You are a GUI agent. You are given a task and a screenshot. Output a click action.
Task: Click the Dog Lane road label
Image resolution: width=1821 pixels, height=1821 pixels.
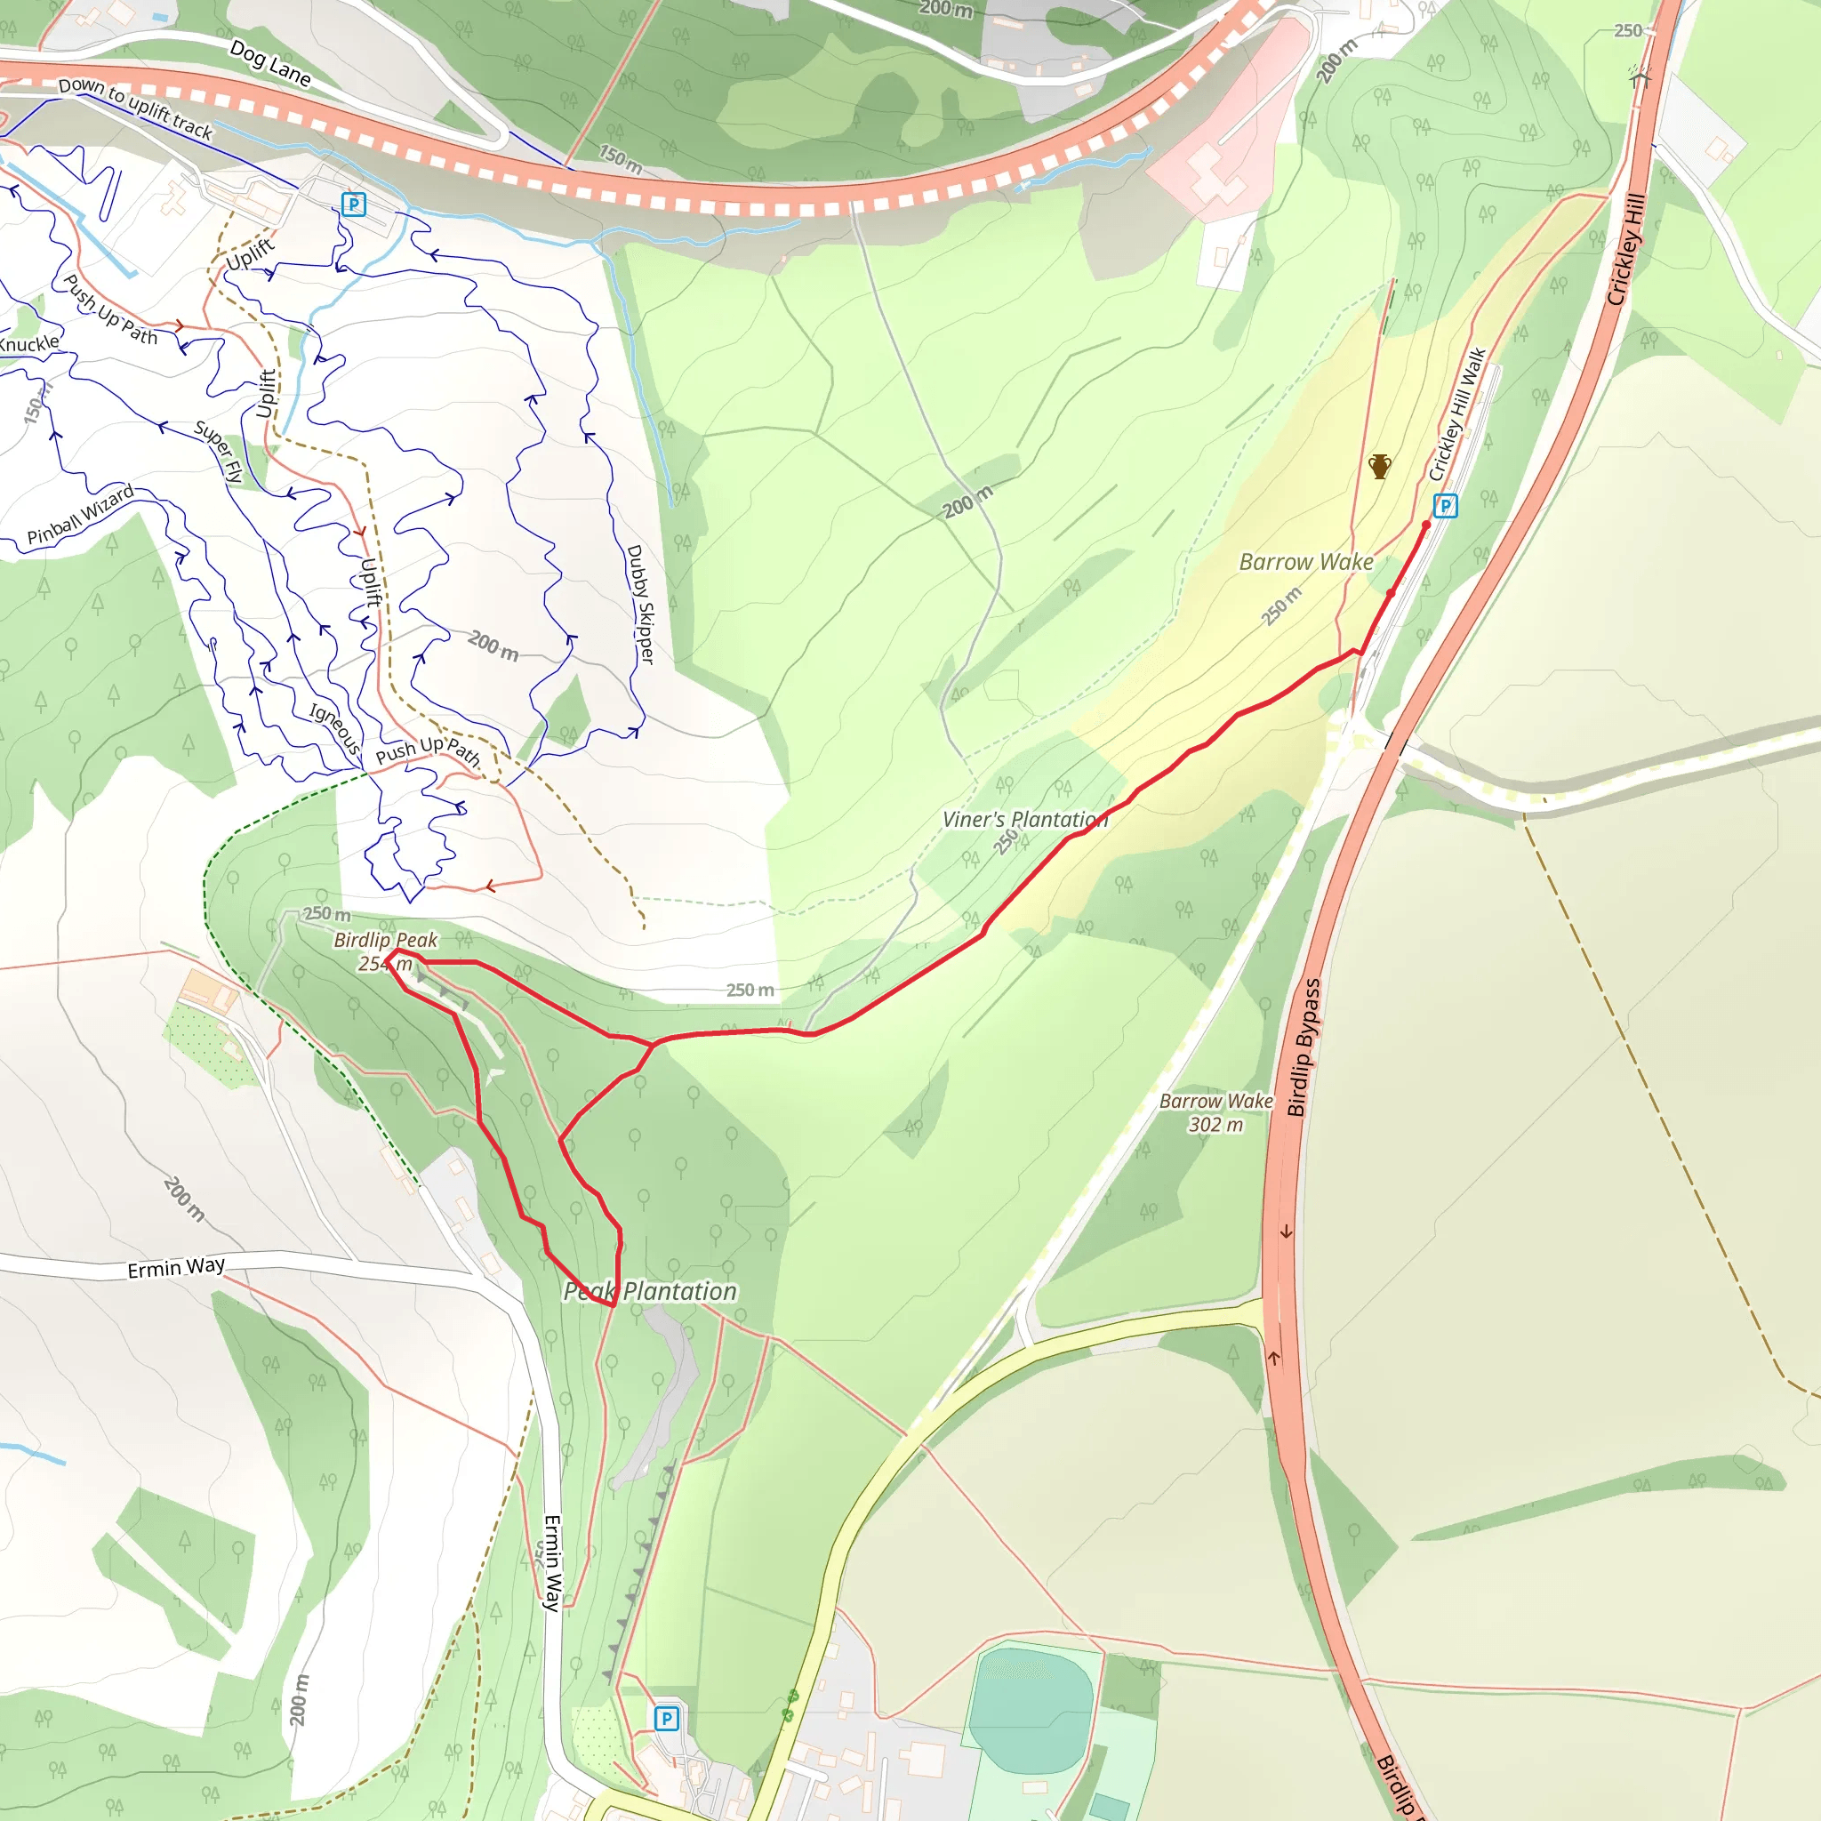click(x=269, y=63)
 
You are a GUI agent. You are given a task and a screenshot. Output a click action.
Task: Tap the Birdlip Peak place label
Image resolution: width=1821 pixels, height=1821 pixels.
click(x=386, y=940)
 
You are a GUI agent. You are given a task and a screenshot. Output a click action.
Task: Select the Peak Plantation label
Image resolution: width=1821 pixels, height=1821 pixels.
click(x=649, y=1291)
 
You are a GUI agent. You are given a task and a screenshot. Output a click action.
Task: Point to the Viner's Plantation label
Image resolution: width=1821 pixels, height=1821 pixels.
click(x=1024, y=819)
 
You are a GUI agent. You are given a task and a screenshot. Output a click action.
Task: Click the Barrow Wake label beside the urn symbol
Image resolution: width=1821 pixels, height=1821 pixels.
click(x=1305, y=562)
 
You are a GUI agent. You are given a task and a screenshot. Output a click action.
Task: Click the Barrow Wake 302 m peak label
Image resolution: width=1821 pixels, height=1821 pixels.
click(x=1215, y=1112)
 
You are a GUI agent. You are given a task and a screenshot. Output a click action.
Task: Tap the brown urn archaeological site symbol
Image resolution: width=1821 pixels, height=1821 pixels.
click(x=1379, y=467)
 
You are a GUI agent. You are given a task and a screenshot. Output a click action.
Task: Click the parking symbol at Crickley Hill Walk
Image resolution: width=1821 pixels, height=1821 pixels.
click(x=1445, y=506)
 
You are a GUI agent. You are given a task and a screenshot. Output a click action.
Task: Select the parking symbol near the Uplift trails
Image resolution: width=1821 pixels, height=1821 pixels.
click(x=354, y=205)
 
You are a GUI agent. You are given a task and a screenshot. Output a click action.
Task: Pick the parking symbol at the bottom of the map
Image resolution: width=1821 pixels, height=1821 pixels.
click(x=666, y=1717)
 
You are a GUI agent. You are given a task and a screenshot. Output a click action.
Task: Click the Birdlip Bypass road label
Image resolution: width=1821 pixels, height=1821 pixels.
click(x=1304, y=1047)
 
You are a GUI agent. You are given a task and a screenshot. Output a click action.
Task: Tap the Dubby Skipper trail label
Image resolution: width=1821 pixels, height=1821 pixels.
click(x=640, y=604)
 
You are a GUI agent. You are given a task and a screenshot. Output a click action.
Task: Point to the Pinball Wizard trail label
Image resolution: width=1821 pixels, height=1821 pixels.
click(x=80, y=515)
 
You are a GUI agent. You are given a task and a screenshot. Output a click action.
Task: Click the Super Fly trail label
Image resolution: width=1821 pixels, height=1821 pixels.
click(x=219, y=452)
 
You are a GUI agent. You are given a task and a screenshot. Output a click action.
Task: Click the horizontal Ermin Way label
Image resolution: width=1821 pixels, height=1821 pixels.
click(x=176, y=1267)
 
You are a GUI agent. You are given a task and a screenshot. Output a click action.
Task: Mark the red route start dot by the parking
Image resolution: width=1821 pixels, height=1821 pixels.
click(x=1426, y=525)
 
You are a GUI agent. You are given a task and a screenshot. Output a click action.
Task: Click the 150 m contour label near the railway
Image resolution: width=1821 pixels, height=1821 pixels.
click(x=621, y=159)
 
